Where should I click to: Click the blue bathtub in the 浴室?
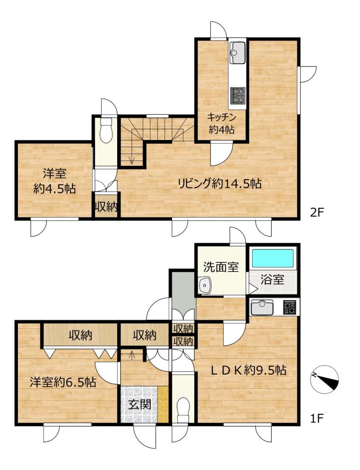coord(272,258)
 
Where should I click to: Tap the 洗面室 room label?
coord(221,267)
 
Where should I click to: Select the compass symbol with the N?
coord(325,380)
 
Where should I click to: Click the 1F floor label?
coord(316,418)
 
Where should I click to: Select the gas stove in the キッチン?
coord(237,95)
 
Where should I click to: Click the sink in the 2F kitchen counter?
coord(237,53)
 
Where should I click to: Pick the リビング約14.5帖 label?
coord(219,184)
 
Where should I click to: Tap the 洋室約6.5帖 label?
coord(63,382)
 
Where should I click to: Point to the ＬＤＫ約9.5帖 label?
coord(248,371)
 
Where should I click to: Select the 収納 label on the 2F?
coord(106,207)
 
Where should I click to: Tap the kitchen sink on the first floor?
coord(262,308)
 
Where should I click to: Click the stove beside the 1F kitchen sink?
coord(289,308)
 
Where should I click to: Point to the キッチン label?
coord(222,117)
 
